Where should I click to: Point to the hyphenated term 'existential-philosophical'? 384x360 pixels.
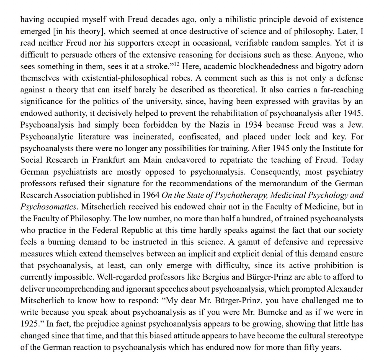(125, 78)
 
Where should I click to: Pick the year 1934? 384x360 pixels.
(253, 125)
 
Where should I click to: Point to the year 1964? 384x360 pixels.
(151, 195)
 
